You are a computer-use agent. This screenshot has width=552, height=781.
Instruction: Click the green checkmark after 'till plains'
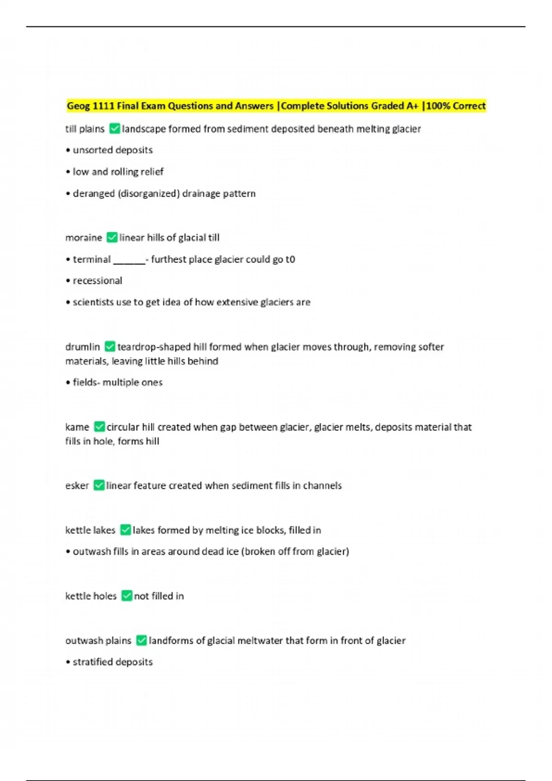(x=115, y=129)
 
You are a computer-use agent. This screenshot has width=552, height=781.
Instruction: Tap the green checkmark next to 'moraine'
(x=112, y=238)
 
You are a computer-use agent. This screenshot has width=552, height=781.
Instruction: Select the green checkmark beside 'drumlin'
(x=109, y=346)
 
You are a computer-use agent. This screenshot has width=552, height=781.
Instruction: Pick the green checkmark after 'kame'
(x=99, y=427)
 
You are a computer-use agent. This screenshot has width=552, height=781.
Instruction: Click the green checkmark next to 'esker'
(x=98, y=485)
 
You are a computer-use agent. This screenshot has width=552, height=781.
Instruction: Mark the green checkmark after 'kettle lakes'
(x=125, y=530)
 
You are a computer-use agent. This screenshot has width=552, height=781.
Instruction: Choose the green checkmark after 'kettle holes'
(x=126, y=596)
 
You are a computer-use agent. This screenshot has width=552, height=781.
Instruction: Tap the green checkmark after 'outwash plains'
(x=141, y=640)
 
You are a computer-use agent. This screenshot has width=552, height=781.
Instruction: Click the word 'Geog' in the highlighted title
(x=79, y=106)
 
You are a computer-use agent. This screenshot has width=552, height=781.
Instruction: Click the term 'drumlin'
(x=82, y=347)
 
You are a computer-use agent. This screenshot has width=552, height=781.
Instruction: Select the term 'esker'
(x=77, y=486)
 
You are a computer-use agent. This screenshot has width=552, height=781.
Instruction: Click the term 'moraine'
(x=84, y=238)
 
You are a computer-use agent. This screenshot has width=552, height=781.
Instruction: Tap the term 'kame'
(x=77, y=427)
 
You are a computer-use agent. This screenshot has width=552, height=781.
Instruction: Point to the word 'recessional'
(x=98, y=281)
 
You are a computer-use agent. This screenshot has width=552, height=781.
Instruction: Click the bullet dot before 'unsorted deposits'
(x=68, y=151)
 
